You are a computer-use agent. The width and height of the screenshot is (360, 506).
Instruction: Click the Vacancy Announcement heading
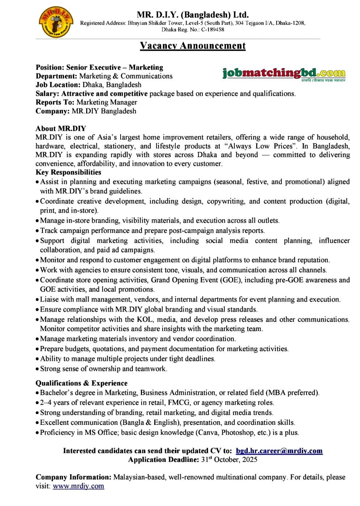point(193,46)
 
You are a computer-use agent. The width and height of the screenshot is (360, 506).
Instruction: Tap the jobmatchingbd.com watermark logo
point(284,74)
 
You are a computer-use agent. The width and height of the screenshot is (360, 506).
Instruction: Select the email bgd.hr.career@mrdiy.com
point(279,451)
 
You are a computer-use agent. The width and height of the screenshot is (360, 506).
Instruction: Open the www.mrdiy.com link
point(78,486)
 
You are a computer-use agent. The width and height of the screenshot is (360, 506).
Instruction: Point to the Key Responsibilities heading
point(68,172)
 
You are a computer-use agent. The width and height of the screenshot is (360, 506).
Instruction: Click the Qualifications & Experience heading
point(81,383)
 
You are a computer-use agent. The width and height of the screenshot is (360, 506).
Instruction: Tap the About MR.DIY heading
point(61,129)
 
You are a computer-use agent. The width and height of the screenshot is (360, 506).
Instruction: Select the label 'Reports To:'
point(55,103)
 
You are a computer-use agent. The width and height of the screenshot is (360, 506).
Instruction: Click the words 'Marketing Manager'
point(107,103)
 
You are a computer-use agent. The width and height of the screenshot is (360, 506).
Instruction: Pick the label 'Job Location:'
point(58,85)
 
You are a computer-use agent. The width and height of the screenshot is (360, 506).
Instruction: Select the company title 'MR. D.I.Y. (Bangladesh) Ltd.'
point(193,15)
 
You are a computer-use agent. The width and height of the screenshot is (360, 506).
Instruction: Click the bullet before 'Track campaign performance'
point(37,231)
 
